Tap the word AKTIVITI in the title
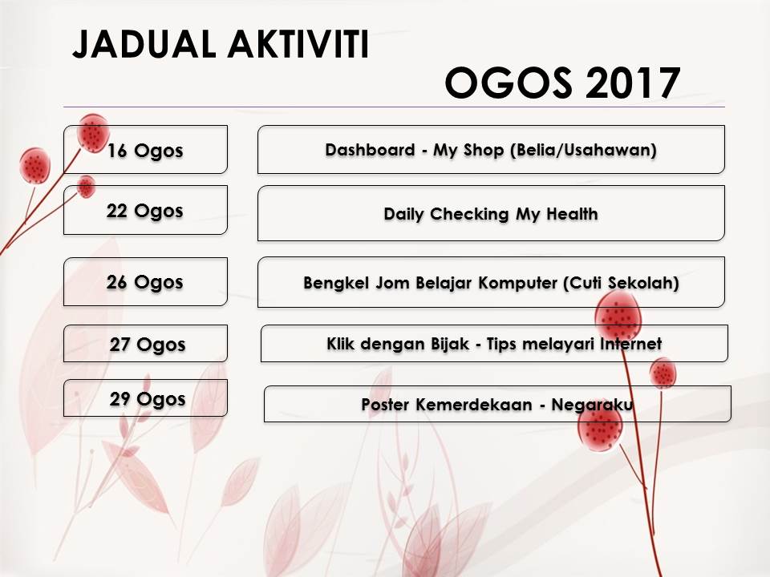pyautogui.click(x=298, y=45)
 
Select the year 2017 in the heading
pyautogui.click(x=633, y=83)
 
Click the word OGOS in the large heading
pyautogui.click(x=509, y=83)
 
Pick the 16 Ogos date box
pyautogui.click(x=145, y=150)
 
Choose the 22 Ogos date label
pyautogui.click(x=145, y=211)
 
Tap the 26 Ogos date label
pyautogui.click(x=145, y=282)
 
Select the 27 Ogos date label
pyautogui.click(x=148, y=345)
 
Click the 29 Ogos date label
pyautogui.click(x=148, y=399)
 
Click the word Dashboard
pyautogui.click(x=371, y=150)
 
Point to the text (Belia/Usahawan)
pyautogui.click(x=583, y=150)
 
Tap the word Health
pyautogui.click(x=572, y=214)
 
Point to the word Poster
pyautogui.click(x=385, y=405)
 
